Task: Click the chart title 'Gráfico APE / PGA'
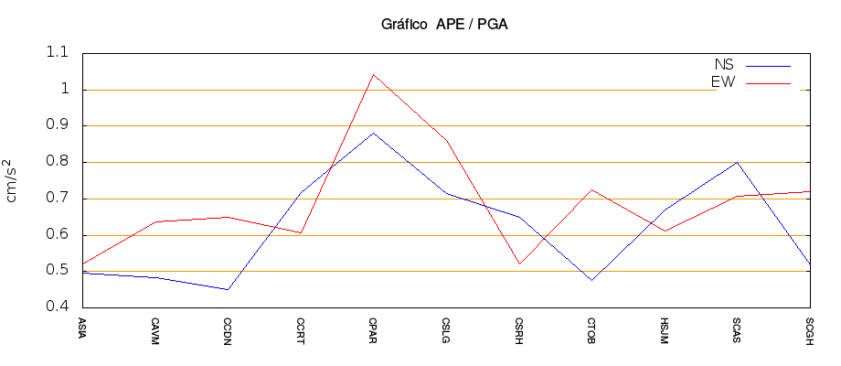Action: click(443, 25)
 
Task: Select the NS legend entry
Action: click(724, 65)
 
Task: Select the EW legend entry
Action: click(724, 82)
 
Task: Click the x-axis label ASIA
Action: click(82, 326)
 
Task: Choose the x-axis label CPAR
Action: click(373, 327)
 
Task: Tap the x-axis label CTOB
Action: click(591, 327)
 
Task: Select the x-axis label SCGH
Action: click(810, 327)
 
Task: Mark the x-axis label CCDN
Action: click(228, 327)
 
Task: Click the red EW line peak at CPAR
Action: click(373, 75)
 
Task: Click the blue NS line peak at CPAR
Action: click(373, 134)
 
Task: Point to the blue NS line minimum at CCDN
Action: click(228, 289)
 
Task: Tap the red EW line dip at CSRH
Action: click(519, 264)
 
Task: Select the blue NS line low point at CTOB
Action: click(591, 280)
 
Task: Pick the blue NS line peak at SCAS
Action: click(737, 162)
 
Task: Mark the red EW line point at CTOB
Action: click(591, 189)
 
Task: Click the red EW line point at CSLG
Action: click(446, 140)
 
